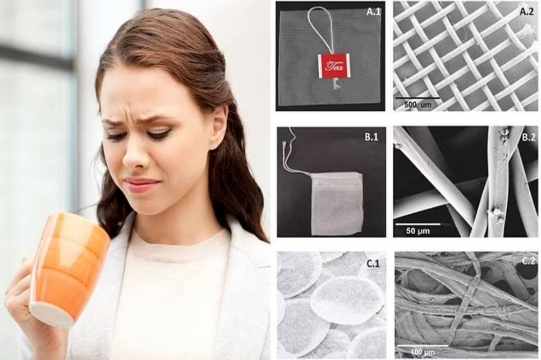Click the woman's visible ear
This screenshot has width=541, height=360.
(x=218, y=126)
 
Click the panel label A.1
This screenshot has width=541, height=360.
(x=373, y=12)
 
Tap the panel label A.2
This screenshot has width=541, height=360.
(x=527, y=12)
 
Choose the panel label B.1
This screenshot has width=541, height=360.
(x=371, y=137)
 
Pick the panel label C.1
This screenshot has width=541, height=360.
(x=373, y=264)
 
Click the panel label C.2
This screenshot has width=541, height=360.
(x=528, y=261)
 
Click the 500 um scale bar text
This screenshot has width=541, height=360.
(x=418, y=105)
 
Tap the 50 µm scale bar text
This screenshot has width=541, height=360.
(x=418, y=231)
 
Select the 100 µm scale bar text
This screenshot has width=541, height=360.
(x=423, y=352)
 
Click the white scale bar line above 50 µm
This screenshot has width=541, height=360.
(x=417, y=224)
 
